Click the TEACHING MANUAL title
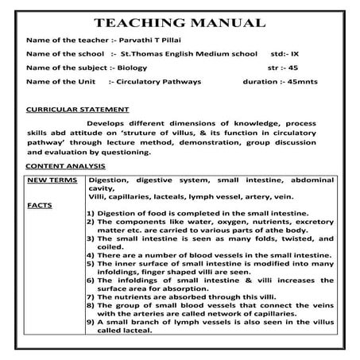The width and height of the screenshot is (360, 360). coord(180,21)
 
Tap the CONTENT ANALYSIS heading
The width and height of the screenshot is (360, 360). coord(66,166)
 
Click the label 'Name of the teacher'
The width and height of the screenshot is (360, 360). coord(64,39)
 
